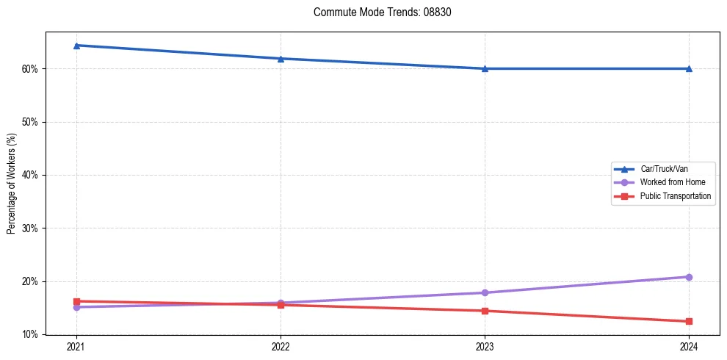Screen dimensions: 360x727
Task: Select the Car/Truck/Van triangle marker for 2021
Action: point(76,46)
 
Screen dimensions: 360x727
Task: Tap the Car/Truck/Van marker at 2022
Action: point(281,59)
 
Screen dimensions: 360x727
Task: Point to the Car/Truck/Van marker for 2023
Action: point(485,69)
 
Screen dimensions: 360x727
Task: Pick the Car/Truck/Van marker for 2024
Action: point(689,69)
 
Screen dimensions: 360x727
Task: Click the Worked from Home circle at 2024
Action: point(689,277)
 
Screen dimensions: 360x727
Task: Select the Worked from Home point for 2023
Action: point(485,293)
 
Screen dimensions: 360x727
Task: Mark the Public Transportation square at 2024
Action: point(689,322)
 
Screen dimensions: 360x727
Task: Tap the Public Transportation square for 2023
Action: point(485,311)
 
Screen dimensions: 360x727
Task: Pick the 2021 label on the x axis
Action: point(76,346)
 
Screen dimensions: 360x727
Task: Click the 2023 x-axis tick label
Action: point(485,346)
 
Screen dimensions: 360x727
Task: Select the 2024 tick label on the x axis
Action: point(689,346)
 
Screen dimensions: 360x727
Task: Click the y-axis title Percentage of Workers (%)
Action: point(11,184)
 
